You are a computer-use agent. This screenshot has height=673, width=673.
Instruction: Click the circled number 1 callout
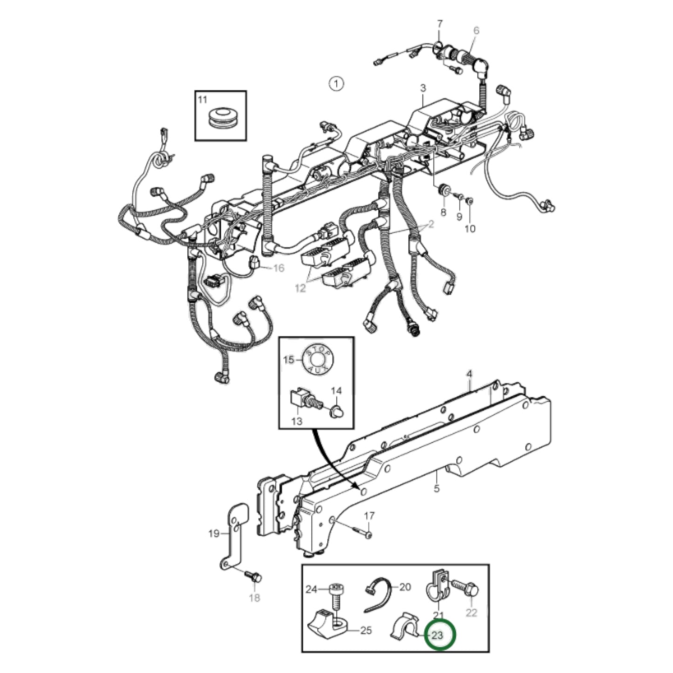click(335, 84)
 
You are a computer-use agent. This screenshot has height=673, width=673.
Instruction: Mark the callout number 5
click(436, 489)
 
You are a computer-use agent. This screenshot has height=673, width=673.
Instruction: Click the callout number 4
click(469, 374)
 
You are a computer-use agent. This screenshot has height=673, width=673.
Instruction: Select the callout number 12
click(300, 288)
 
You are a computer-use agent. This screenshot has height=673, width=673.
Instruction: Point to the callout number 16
click(278, 268)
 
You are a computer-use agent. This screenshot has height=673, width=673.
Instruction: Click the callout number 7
click(440, 23)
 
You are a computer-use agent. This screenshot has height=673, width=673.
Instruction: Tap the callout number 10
click(470, 229)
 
